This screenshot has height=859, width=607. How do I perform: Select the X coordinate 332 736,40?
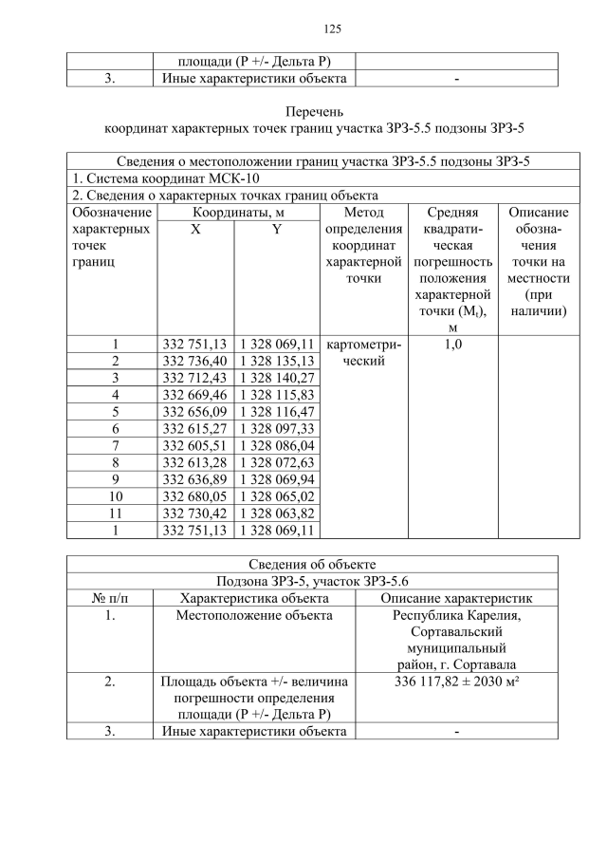194,361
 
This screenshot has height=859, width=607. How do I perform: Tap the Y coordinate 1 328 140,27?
276,378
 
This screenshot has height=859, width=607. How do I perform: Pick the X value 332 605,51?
194,445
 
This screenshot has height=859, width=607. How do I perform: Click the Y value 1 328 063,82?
276,513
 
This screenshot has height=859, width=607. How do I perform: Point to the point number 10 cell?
115,495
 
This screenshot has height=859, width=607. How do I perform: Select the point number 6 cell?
115,428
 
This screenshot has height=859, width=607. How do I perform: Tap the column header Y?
276,230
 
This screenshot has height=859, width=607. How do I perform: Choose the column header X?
194,230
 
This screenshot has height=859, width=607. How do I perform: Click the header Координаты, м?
237,214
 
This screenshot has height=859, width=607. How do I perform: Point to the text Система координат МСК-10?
166,178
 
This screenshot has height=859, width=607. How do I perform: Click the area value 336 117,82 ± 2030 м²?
456,682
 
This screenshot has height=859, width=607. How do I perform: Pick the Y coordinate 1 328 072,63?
276,462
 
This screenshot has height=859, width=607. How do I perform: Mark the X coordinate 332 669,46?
194,394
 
